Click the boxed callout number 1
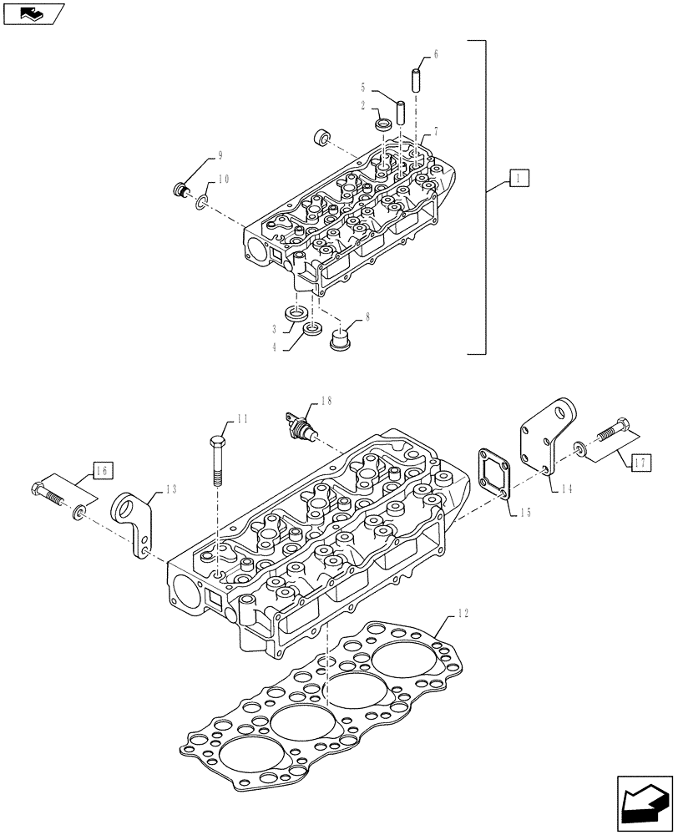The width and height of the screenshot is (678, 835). tap(518, 178)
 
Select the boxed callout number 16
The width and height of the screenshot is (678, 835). tap(100, 472)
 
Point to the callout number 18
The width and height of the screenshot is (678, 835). tap(326, 402)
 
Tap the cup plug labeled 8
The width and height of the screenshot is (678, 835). tap(340, 340)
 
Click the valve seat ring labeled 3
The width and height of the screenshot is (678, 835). tap(296, 314)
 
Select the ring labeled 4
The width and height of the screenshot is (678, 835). tap(311, 328)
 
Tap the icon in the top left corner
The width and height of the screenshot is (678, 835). tap(32, 13)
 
